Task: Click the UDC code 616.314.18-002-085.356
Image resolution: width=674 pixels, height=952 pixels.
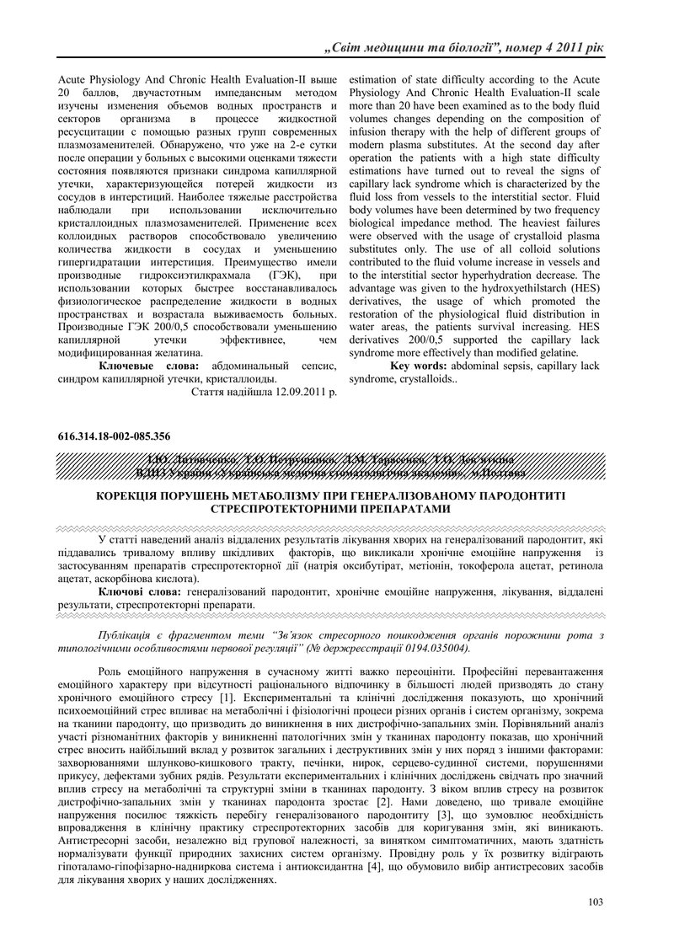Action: tap(115, 436)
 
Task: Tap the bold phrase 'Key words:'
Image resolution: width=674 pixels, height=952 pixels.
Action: tap(419, 366)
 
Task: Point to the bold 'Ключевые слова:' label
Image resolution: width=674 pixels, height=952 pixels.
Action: tap(149, 366)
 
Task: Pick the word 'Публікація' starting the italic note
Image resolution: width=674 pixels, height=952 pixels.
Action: tap(126, 634)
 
